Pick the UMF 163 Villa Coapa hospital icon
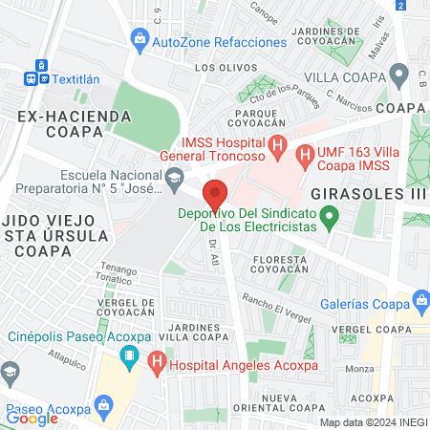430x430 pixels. point(305,153)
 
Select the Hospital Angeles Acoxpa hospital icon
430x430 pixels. point(158,361)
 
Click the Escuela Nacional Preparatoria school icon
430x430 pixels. point(175,176)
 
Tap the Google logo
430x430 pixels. point(32,418)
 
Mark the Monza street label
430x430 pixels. point(359,369)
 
